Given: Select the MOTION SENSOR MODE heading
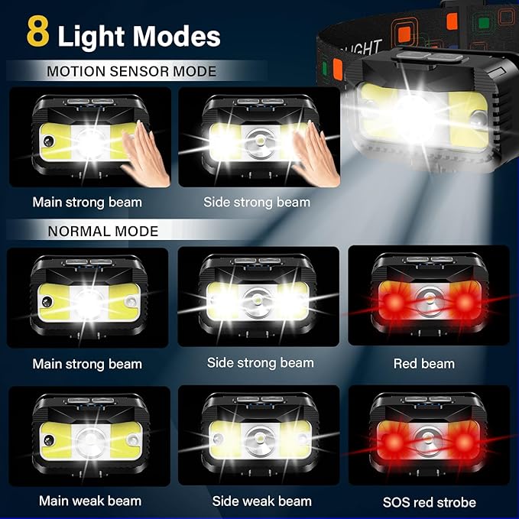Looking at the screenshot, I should click(x=131, y=72).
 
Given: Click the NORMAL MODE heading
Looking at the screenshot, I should click(x=103, y=231).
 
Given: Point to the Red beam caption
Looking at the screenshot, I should click(x=424, y=364).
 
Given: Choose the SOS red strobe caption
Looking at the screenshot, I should click(x=429, y=502).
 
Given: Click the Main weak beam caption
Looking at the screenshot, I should click(x=90, y=501).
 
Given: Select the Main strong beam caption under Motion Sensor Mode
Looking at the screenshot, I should click(x=87, y=203).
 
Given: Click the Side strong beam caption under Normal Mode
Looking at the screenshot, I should click(x=260, y=362).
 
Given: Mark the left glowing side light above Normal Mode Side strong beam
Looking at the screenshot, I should click(x=225, y=300).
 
